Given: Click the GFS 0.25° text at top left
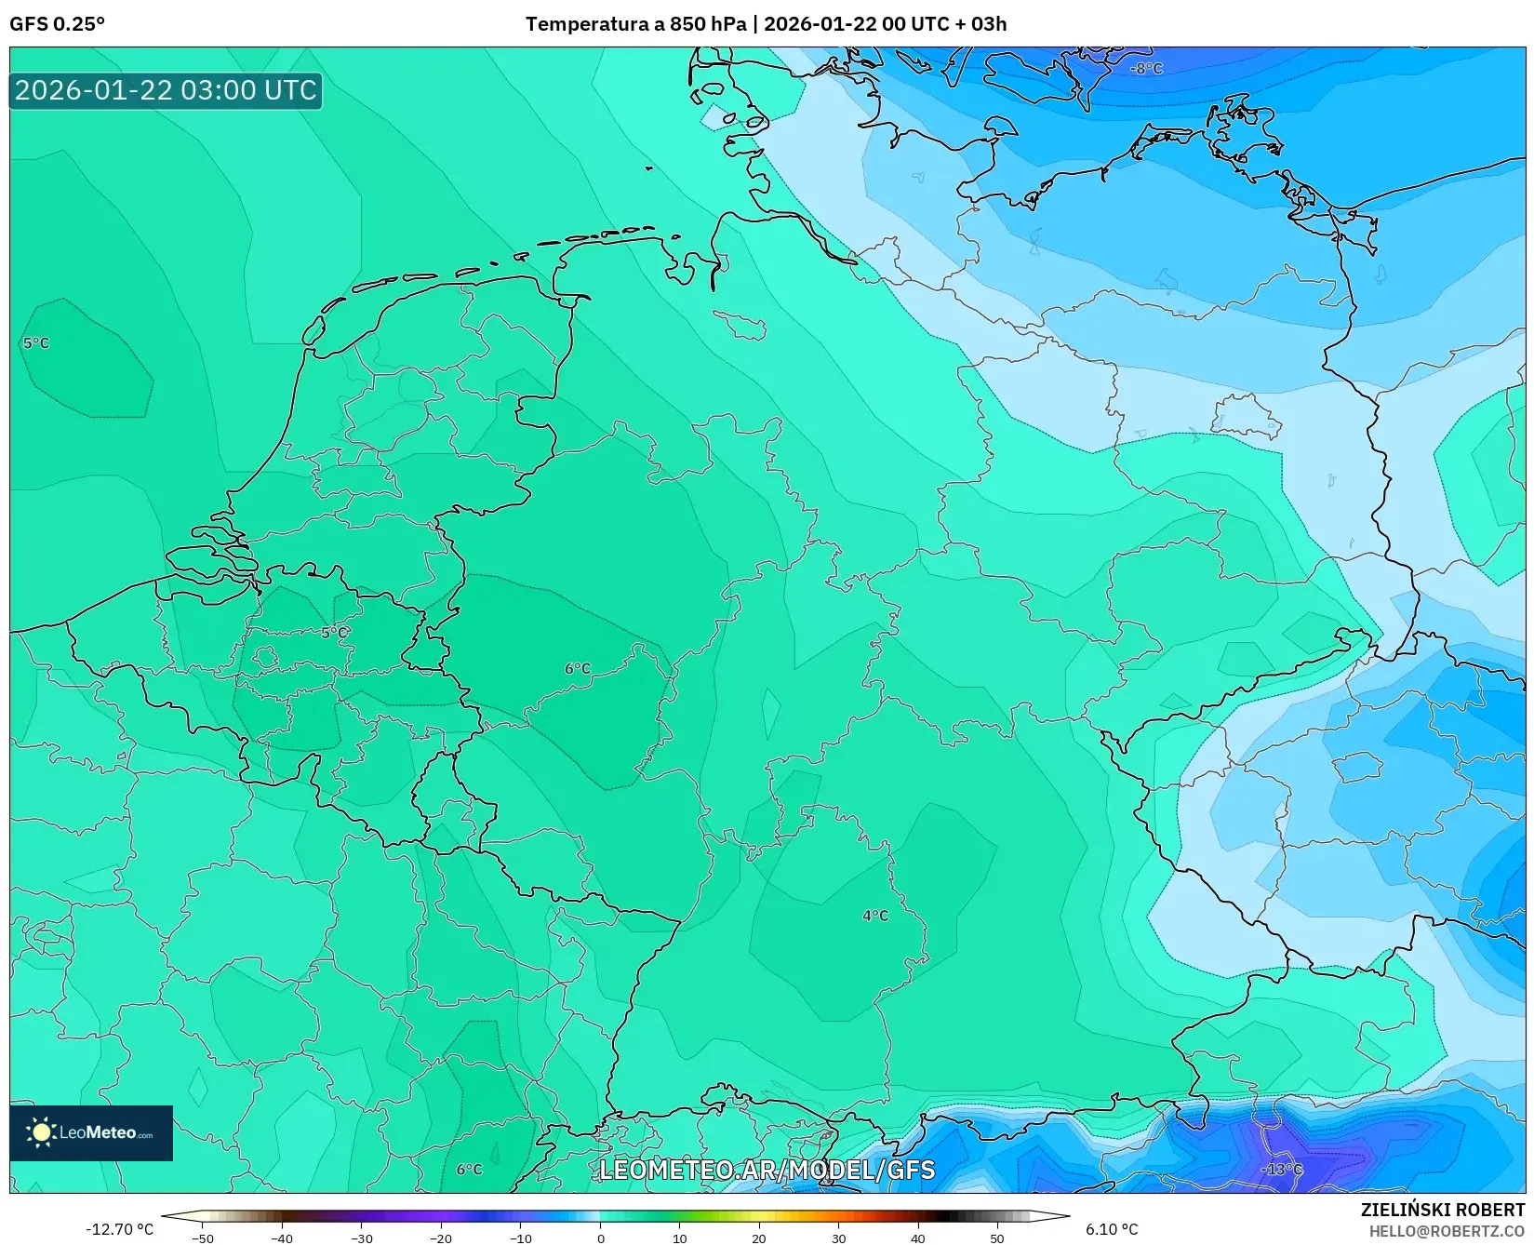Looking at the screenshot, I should coord(57,24).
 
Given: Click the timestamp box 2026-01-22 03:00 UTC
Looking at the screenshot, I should coord(166,90).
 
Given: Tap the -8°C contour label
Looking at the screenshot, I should coord(1146,69).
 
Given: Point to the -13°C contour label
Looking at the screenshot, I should coord(1281,1170).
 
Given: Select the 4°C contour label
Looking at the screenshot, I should coord(875,916).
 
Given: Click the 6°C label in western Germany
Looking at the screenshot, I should coord(578,669).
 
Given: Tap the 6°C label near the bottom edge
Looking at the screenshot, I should coord(470,1170).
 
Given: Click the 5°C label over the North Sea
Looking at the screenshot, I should coord(36,343).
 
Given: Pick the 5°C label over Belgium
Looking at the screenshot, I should coord(334,633).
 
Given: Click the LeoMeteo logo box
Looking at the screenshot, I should coord(91,1132).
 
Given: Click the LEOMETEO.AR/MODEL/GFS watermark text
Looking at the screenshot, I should coord(767,1170).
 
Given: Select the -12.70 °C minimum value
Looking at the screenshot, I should coord(119,1229).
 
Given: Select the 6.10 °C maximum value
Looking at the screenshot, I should coord(1112,1229).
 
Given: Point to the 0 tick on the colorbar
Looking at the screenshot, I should coord(600,1238).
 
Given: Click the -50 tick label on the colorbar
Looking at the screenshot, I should coord(202,1238).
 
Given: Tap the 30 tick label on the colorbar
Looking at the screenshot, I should coord(839,1238).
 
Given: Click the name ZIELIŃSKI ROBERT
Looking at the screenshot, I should coord(1443,1210).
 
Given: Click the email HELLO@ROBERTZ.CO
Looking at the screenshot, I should coord(1447,1231).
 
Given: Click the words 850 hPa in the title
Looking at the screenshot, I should coord(708,24).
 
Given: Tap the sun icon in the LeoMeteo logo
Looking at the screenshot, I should coord(41,1132).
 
